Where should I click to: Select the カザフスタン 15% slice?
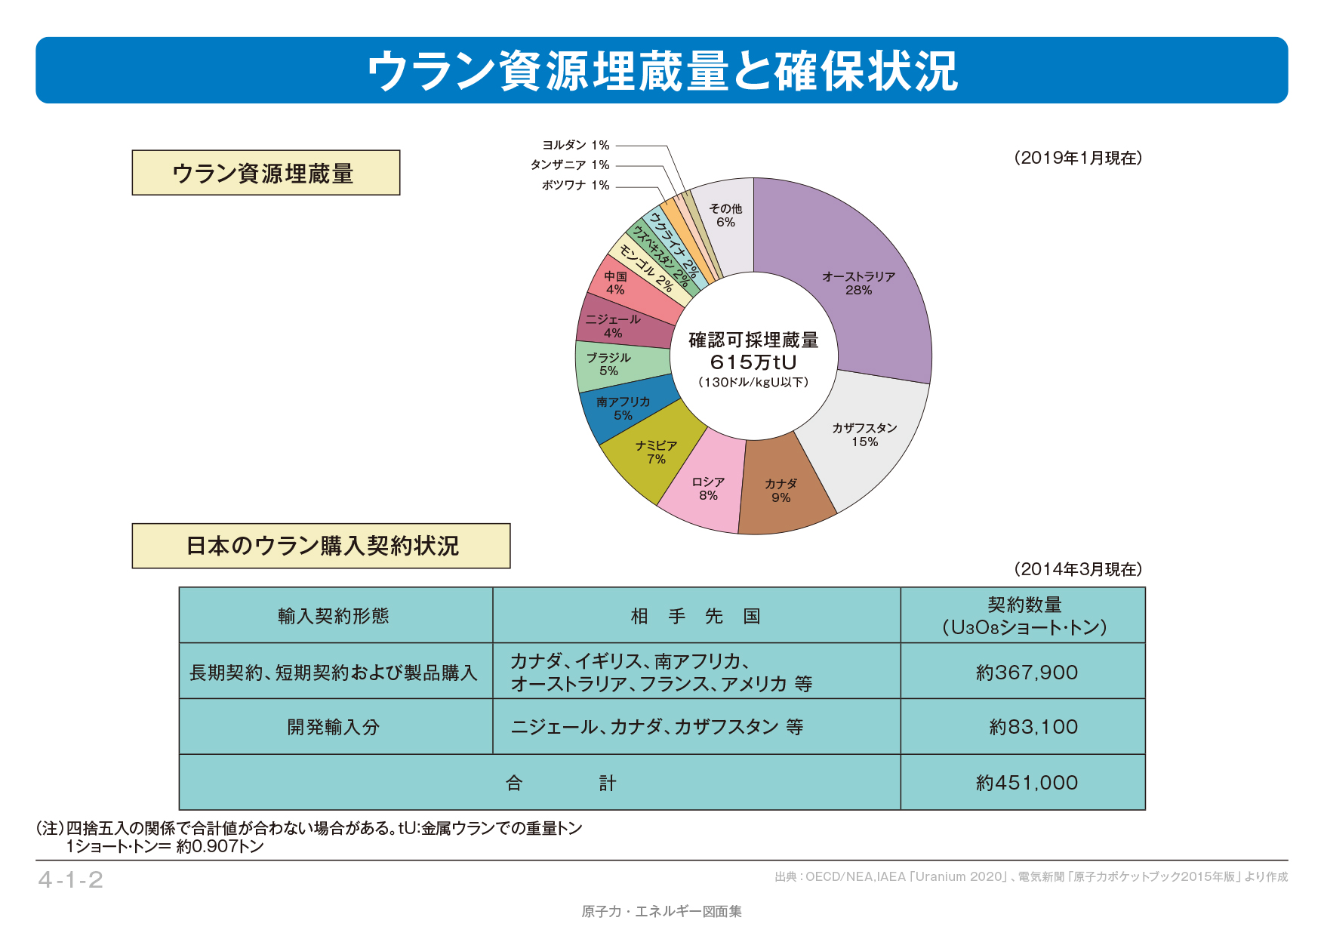865,436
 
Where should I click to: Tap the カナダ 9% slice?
781,491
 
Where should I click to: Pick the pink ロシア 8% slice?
707,489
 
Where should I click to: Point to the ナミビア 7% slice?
655,453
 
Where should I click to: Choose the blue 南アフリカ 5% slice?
623,408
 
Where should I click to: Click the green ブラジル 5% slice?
609,364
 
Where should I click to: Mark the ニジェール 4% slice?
613,326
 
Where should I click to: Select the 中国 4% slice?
616,283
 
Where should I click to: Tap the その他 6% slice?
725,215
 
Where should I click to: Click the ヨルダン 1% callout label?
576,145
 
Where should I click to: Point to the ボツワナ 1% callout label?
575,185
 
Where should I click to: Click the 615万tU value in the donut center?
753,362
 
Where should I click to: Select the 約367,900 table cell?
1026,672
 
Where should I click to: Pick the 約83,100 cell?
1033,727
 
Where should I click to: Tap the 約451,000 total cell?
1026,783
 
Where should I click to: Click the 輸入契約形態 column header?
334,616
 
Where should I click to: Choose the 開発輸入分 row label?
334,727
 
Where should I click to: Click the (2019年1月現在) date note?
1077,158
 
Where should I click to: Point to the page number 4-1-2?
71,879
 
